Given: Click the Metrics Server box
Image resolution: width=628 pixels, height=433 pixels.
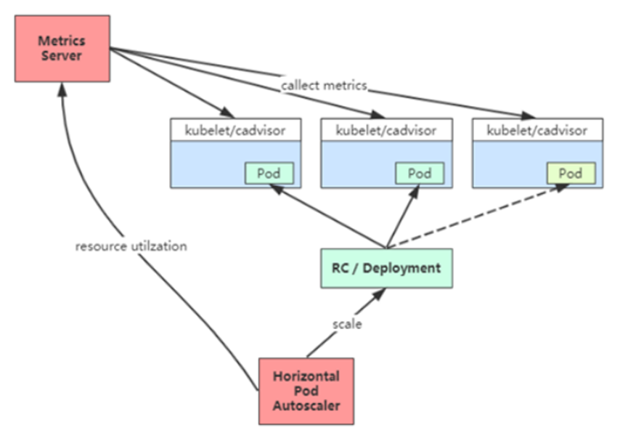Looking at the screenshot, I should [x=62, y=49].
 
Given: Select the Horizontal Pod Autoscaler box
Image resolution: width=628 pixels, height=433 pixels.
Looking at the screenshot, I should [x=306, y=391].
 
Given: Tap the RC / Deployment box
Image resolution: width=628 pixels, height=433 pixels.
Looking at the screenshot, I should [x=386, y=267].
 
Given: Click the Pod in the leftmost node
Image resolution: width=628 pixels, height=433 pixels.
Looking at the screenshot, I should [x=269, y=174].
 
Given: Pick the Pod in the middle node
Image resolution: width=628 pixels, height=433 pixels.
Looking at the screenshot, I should [x=419, y=174].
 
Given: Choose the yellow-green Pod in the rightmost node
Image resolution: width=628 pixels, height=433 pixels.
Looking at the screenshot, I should [x=571, y=174].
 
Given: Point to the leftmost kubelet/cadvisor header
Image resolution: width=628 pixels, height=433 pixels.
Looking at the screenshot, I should [x=235, y=131].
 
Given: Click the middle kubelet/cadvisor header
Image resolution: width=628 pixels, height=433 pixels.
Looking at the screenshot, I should [x=386, y=131].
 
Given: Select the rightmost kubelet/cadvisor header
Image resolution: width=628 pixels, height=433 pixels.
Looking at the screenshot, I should [x=537, y=131].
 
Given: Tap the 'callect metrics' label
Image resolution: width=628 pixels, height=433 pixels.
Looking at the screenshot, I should [x=325, y=86].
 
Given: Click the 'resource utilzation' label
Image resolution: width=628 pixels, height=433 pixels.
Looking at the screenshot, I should [x=131, y=246].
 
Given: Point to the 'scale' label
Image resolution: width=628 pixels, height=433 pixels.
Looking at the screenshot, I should [x=347, y=324].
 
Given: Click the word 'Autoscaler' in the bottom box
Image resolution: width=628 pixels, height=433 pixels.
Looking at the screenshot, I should [x=306, y=405].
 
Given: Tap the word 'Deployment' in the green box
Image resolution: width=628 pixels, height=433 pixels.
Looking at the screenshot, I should [x=401, y=267].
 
